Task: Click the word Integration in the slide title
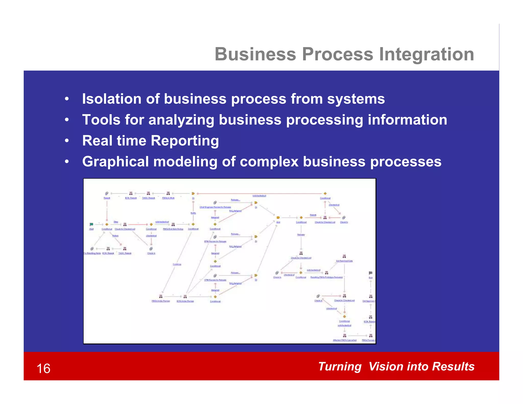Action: [426, 54]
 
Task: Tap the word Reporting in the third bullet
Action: [185, 141]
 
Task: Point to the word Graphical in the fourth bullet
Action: [115, 162]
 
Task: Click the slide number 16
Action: [43, 369]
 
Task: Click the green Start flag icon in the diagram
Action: [91, 224]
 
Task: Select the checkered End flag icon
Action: [371, 273]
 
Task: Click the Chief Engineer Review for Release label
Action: [215, 207]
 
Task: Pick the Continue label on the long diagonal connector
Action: [177, 264]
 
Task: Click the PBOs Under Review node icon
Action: [161, 296]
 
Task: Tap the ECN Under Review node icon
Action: [185, 296]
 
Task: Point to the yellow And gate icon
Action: [278, 218]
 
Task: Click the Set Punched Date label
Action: [344, 261]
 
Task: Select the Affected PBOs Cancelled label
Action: [344, 340]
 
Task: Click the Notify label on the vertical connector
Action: [193, 213]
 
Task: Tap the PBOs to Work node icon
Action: [168, 193]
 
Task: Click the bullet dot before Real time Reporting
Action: [67, 141]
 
